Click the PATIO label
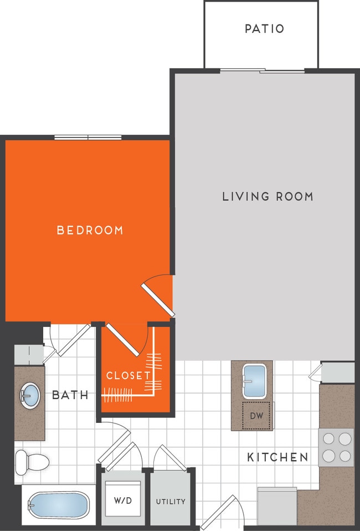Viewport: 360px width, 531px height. pos(264,28)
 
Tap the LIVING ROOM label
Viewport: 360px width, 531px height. pos(268,196)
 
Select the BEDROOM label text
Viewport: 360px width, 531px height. pos(90,230)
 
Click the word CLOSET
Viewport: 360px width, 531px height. pos(128,375)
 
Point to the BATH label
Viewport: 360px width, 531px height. pos(70,395)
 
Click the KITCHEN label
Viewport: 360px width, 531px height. pos(277,457)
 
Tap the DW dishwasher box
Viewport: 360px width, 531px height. pos(256,415)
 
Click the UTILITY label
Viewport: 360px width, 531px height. pos(171,502)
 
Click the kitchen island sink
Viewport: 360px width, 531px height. pos(255,381)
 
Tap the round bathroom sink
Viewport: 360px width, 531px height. pos(30,396)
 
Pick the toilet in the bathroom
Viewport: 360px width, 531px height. pos(30,459)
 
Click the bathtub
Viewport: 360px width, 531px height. pos(58,505)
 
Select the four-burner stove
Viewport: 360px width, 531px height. pos(337,447)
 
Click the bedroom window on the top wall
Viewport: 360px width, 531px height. pos(88,137)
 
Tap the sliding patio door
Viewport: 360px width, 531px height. pos(262,71)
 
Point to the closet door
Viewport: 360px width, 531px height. pos(123,338)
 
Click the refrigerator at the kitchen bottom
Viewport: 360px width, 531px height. pos(277,506)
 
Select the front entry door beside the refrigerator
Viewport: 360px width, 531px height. pos(220,513)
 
